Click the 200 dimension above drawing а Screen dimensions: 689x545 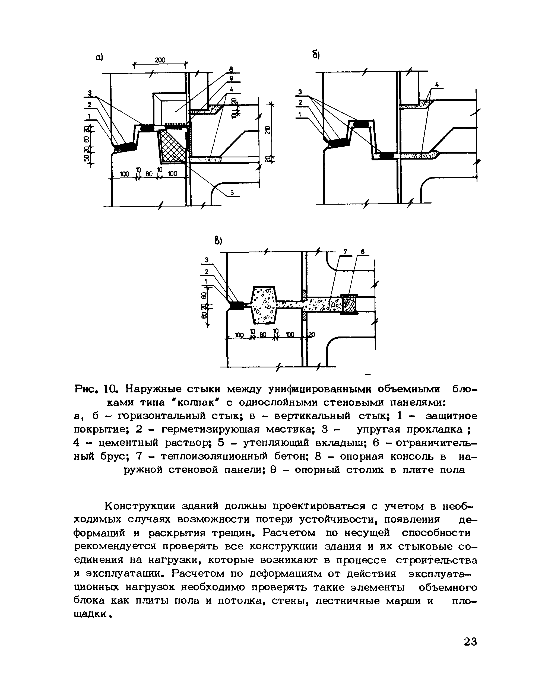[x=160, y=60]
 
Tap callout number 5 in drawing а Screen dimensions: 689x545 [x=232, y=193]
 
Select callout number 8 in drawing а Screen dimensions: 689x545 [x=231, y=69]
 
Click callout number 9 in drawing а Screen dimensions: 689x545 [x=231, y=78]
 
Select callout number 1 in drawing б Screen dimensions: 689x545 [x=299, y=114]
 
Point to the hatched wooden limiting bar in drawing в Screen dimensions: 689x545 [x=349, y=305]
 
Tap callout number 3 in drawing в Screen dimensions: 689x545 [x=207, y=260]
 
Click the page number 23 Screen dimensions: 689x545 [x=470, y=642]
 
